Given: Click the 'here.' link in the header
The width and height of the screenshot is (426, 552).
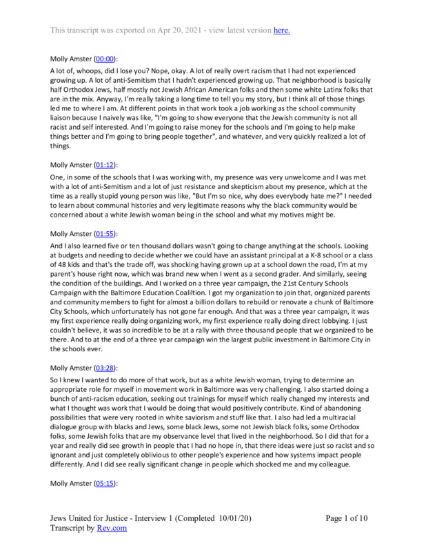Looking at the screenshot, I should click(281, 30).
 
